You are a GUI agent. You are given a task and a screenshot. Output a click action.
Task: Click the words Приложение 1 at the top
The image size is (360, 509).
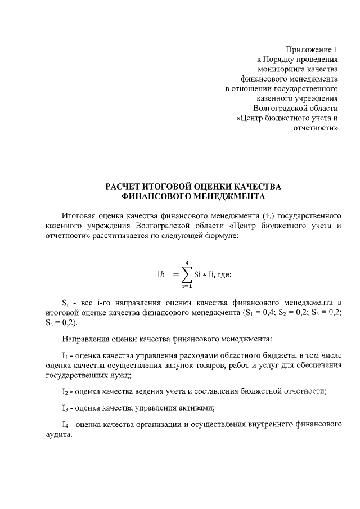click(x=312, y=49)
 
